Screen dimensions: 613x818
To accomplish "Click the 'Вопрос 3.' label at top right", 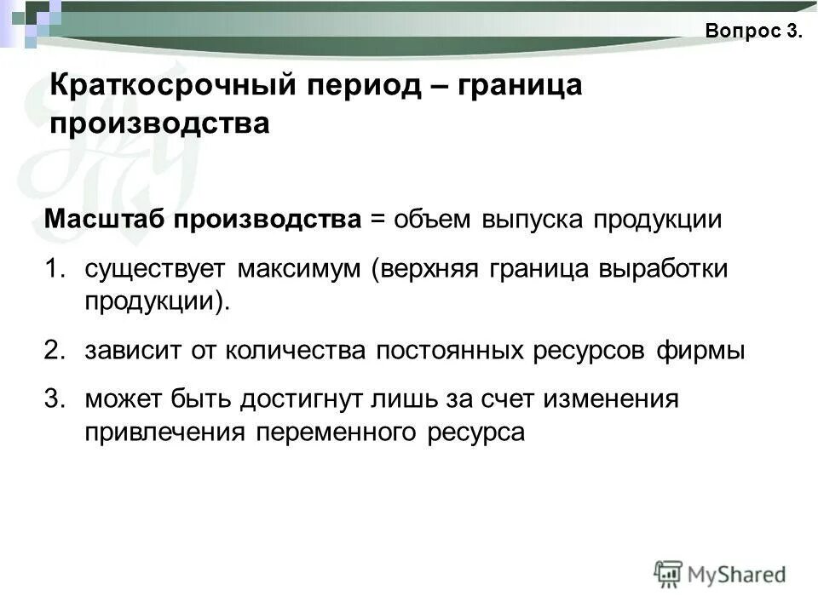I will pos(753,32).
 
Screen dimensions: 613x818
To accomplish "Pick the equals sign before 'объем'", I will pos(377,220).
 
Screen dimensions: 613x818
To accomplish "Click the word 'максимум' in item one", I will pos(299,269).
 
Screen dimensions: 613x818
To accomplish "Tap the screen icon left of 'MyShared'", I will pos(668,572).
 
